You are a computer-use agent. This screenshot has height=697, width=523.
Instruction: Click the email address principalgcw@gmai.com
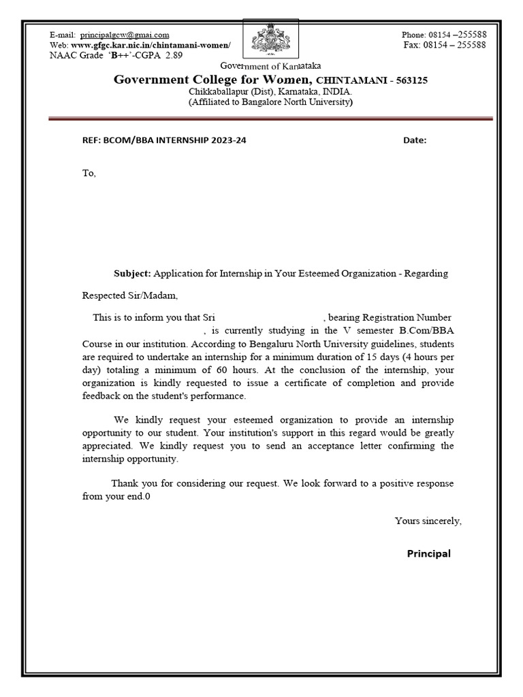click(x=125, y=35)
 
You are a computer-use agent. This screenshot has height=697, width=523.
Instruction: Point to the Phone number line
click(x=443, y=35)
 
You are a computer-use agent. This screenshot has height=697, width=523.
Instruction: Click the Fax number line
click(x=445, y=45)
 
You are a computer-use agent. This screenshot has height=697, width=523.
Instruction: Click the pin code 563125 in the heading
click(x=407, y=80)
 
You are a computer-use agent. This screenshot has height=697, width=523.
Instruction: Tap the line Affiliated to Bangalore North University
click(x=270, y=101)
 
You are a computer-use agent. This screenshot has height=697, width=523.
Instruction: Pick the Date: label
click(x=415, y=140)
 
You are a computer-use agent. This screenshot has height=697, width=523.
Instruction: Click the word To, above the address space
click(x=89, y=173)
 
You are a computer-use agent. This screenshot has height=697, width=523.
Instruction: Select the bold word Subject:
click(x=132, y=273)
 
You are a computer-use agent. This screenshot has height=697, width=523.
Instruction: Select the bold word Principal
click(x=428, y=553)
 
